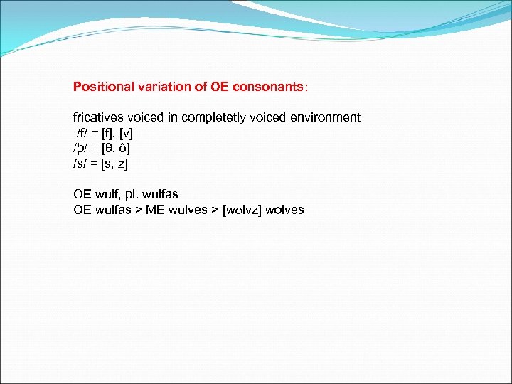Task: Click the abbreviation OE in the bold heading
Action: [219, 87]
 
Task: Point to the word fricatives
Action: [99, 117]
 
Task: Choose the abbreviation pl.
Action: [130, 194]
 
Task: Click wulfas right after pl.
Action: [159, 194]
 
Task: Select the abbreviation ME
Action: [155, 210]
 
